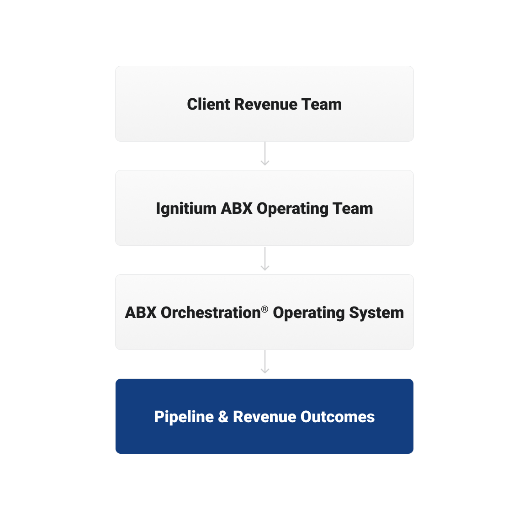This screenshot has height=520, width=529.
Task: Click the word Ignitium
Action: pos(186,208)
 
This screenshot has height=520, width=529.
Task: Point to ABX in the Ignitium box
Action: pos(237,208)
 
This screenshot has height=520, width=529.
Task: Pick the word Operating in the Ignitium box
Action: pos(292,209)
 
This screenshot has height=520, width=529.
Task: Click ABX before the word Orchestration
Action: pos(141,313)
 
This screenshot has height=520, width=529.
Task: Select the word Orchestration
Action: pos(211,313)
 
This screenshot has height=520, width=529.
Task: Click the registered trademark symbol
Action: pos(264,309)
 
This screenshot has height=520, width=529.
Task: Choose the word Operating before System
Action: pos(309,313)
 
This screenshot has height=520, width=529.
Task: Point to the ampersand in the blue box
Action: pos(223,417)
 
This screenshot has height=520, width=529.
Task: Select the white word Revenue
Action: pos(264,417)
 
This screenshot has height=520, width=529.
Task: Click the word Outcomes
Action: pos(338,417)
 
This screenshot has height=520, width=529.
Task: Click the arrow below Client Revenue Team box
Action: pos(265,154)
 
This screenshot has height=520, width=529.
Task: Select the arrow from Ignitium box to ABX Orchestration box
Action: pos(265,259)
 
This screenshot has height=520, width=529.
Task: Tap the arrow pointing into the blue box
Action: pos(265,362)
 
